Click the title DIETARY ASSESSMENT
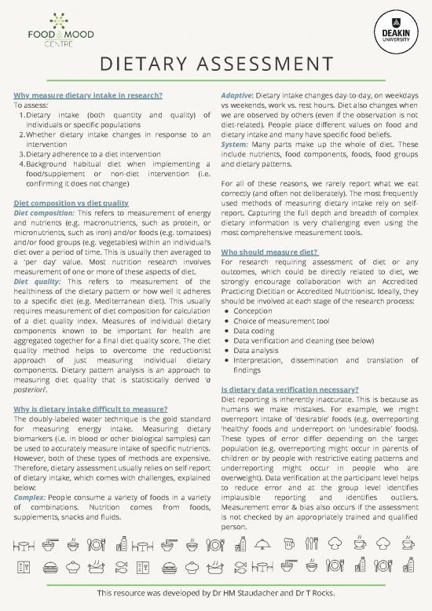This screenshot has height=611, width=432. tap(215, 63)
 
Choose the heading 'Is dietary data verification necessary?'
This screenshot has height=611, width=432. tap(291, 388)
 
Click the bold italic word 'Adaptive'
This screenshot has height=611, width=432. tap(237, 95)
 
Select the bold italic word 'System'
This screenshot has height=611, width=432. tap(234, 145)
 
